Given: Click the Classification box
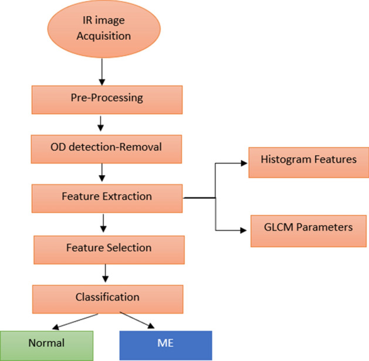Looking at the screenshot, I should tap(103, 297).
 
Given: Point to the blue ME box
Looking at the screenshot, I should tap(165, 343).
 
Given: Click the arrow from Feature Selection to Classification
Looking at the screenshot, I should tap(106, 273).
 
